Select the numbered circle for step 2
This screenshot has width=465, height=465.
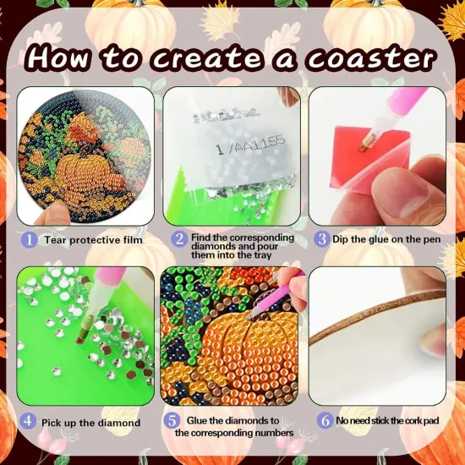(x=178, y=239)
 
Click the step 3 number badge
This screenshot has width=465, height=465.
(x=321, y=239)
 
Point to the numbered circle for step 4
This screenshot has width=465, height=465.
(x=28, y=421)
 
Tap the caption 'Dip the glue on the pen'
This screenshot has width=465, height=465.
(x=384, y=239)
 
